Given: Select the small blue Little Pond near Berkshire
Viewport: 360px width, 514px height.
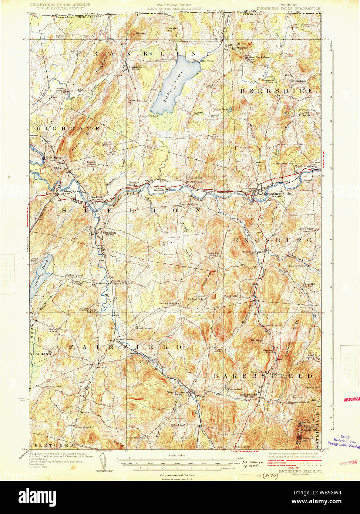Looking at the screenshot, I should [229, 110].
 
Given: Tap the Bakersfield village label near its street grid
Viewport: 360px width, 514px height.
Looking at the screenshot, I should [248, 395].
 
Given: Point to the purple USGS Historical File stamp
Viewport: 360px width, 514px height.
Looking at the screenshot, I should [344, 441].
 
